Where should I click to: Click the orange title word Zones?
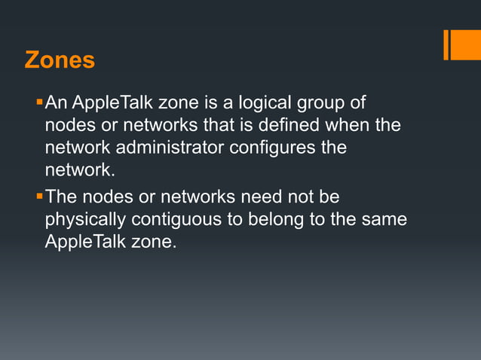tap(60, 59)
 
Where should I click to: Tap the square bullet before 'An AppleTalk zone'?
tap(39, 101)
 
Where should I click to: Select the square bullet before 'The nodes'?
tap(39, 196)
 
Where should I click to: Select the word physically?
tap(85, 221)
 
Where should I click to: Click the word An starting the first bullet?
tap(57, 102)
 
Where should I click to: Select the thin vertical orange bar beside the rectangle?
tap(446, 44)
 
